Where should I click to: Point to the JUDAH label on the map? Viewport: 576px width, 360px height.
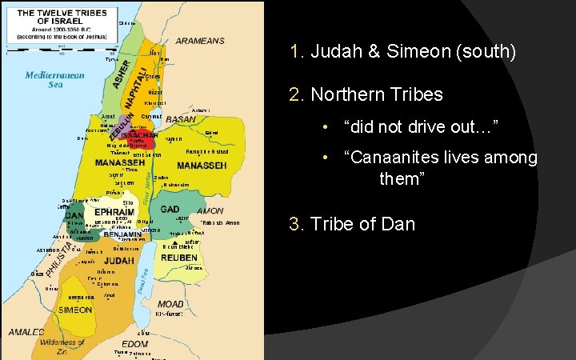coord(118,261)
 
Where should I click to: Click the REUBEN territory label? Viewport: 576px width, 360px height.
coord(179,258)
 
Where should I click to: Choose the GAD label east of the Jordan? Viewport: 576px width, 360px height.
coord(170,209)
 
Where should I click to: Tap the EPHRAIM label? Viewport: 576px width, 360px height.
coord(113,212)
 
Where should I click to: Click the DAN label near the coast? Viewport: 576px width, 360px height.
coord(74,215)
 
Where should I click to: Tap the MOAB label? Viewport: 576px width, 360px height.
coord(170,305)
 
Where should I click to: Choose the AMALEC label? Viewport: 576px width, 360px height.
coord(26,332)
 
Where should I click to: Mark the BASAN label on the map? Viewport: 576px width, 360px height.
coord(181,118)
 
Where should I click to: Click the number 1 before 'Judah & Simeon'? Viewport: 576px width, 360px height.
coord(296,54)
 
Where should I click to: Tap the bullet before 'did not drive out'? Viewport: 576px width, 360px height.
coord(326,128)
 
